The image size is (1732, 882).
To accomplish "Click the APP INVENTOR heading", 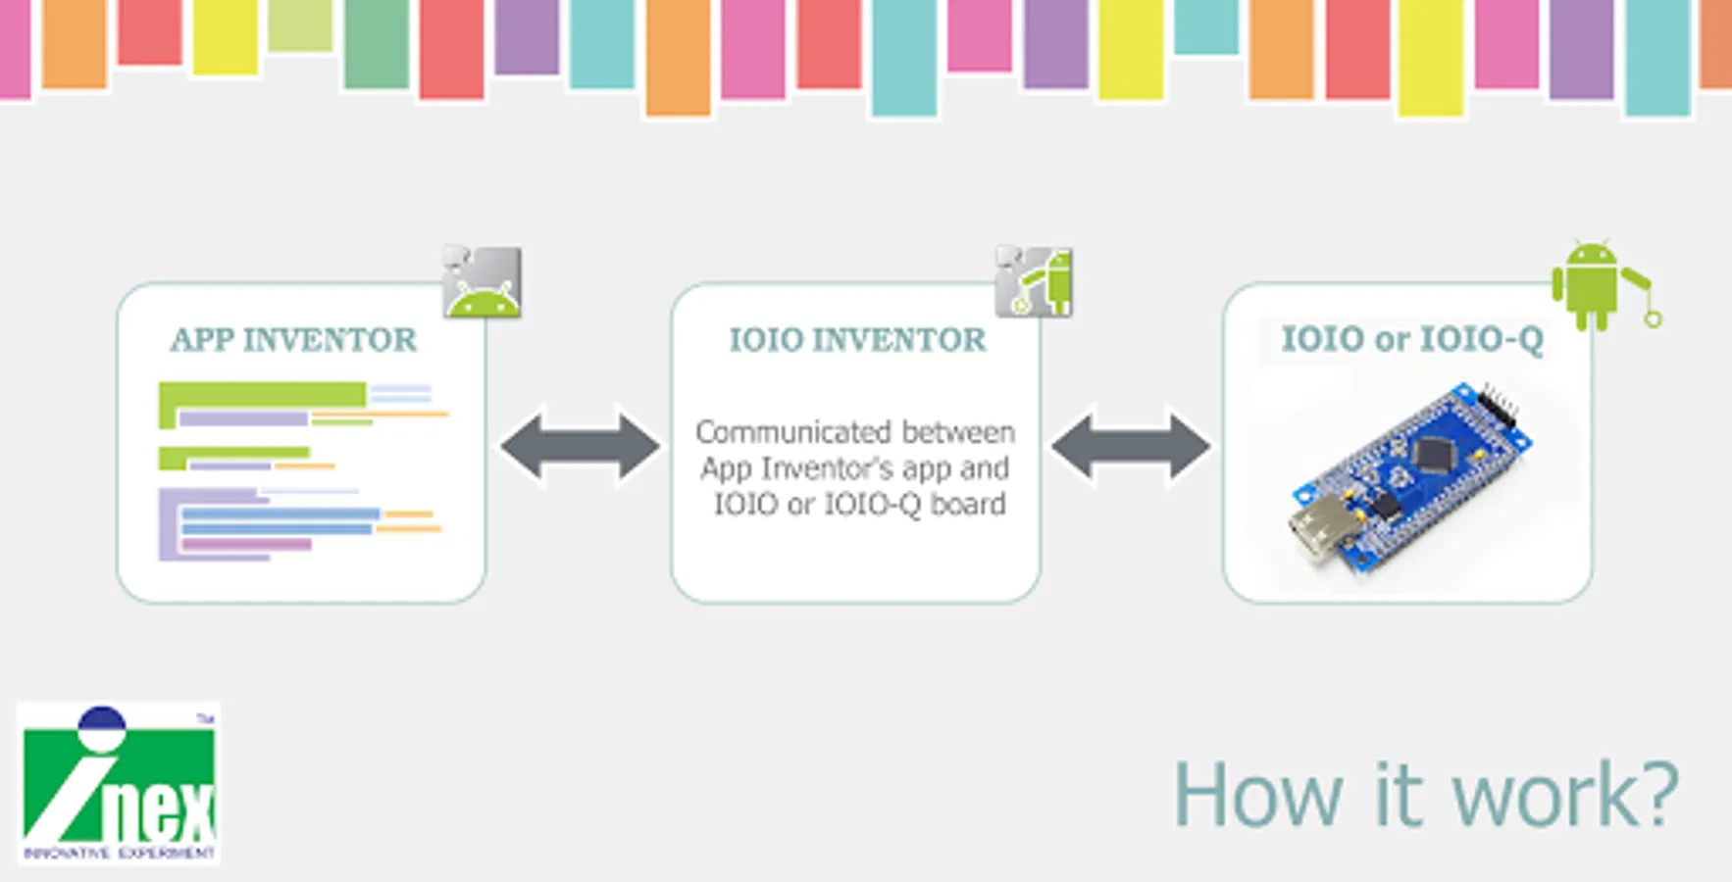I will [293, 340].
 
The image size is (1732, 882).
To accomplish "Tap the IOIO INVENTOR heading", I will [857, 340].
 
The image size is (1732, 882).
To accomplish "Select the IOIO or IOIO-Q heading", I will [1411, 339].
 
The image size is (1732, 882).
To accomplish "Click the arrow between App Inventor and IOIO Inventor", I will [580, 447].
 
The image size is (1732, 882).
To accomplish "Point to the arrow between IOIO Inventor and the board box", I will [1130, 447].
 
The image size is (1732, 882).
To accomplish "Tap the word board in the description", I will [967, 504].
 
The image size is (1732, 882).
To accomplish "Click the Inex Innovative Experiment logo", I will [119, 783].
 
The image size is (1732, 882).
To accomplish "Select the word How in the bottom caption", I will [1258, 795].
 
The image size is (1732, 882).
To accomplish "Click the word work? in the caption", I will [1565, 795].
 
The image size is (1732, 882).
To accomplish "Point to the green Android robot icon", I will [1591, 284].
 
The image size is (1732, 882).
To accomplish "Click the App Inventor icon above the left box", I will [482, 282].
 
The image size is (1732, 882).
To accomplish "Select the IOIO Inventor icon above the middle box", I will [1034, 282].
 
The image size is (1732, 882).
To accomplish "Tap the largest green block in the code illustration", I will [263, 395].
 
